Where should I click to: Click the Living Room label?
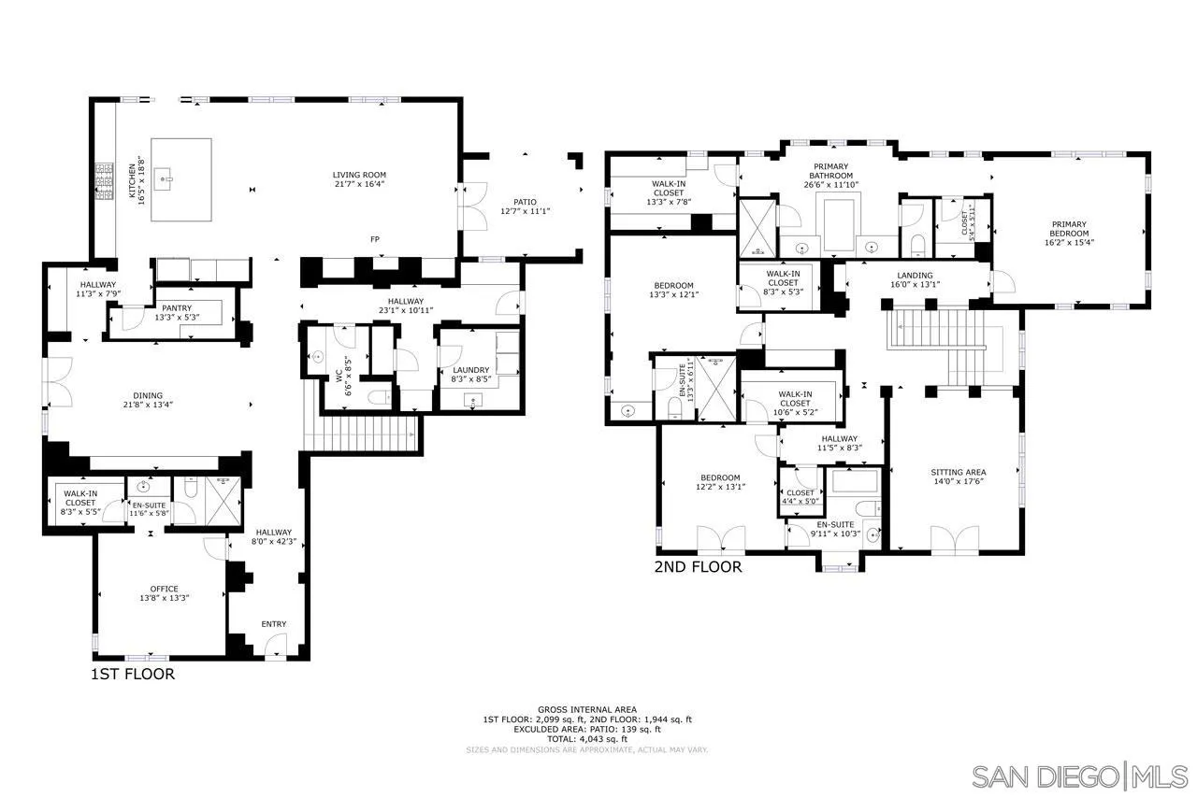[359, 175]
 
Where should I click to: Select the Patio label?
[525, 201]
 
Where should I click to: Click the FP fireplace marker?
[374, 240]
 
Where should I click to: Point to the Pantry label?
[177, 307]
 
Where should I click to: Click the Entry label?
[274, 624]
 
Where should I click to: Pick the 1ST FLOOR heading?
[132, 674]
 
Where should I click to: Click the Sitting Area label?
[958, 472]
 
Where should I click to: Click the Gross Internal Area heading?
[587, 710]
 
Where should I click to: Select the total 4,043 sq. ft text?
[587, 738]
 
